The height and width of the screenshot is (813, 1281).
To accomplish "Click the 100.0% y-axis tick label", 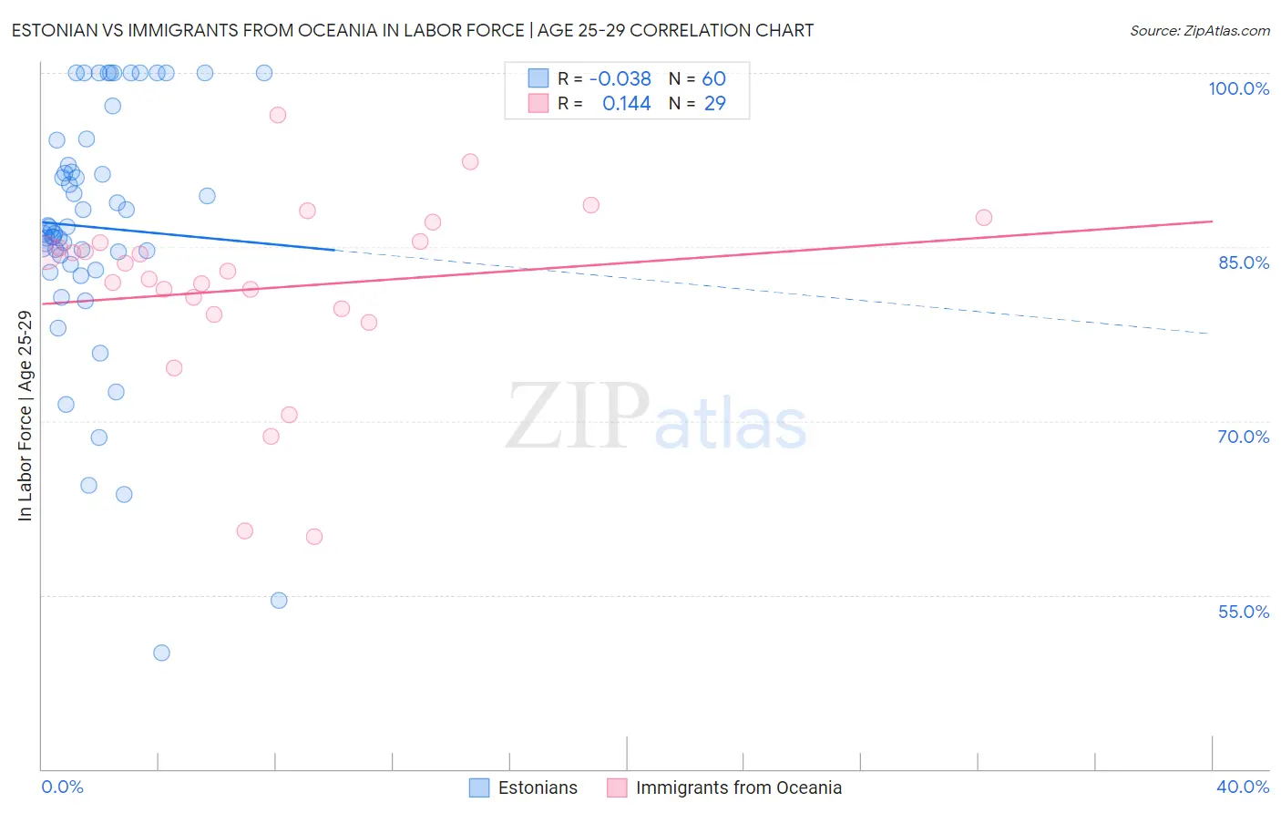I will click(x=1238, y=88).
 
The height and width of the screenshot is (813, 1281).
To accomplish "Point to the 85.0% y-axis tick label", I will click(x=1243, y=262).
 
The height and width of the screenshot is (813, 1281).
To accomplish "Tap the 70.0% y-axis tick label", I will click(x=1243, y=437).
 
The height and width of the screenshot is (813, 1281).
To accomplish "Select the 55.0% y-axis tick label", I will click(x=1243, y=612).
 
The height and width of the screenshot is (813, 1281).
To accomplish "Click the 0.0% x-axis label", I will click(x=62, y=787).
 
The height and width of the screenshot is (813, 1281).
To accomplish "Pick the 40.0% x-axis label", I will click(x=1242, y=787).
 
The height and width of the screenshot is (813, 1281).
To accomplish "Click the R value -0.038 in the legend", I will click(x=620, y=78).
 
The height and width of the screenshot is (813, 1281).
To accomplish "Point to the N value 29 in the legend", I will click(x=714, y=104).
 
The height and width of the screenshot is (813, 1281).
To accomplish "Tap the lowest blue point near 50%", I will click(x=161, y=653).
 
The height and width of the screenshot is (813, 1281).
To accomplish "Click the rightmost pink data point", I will click(x=983, y=217).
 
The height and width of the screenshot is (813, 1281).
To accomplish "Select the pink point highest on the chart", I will click(x=278, y=115).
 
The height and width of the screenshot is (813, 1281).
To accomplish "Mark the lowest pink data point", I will click(x=314, y=536).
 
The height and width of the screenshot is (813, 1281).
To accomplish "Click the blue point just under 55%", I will click(x=279, y=601).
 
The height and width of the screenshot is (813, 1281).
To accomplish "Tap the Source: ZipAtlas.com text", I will click(x=1199, y=30).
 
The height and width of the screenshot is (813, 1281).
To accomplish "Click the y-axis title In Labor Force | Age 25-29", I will click(x=25, y=416).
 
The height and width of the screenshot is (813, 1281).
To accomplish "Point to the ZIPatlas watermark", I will click(x=656, y=417).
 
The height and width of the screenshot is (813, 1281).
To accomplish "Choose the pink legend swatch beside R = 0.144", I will click(x=538, y=104).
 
